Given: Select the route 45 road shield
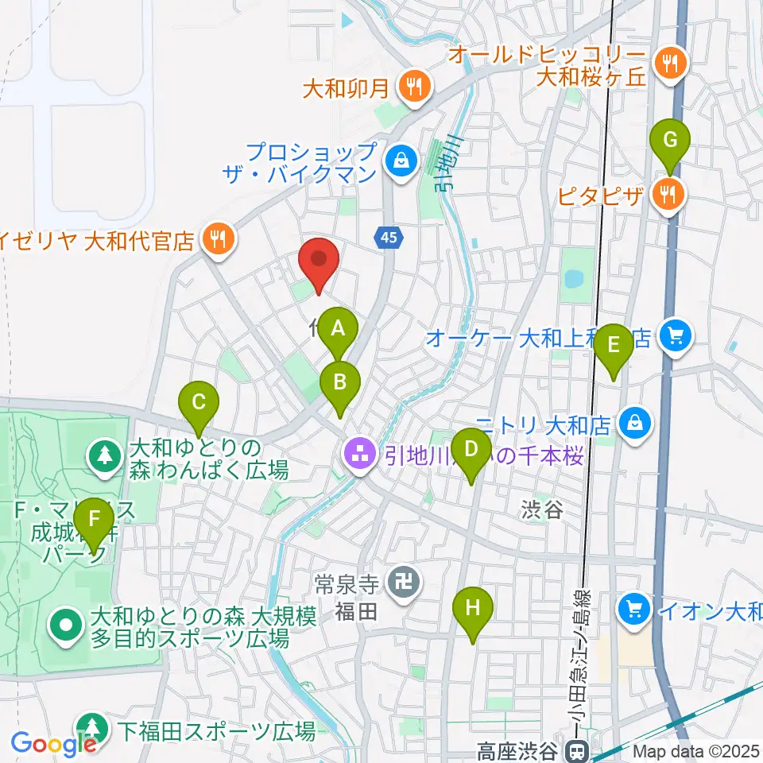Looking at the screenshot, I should pyautogui.click(x=386, y=236).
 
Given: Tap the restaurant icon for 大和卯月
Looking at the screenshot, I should pyautogui.click(x=413, y=83).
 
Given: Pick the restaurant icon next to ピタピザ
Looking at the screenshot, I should pyautogui.click(x=666, y=192).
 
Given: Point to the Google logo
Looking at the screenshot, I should pyautogui.click(x=52, y=744).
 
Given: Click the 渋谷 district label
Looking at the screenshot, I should pyautogui.click(x=543, y=509).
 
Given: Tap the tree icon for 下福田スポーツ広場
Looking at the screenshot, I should pyautogui.click(x=94, y=728).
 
